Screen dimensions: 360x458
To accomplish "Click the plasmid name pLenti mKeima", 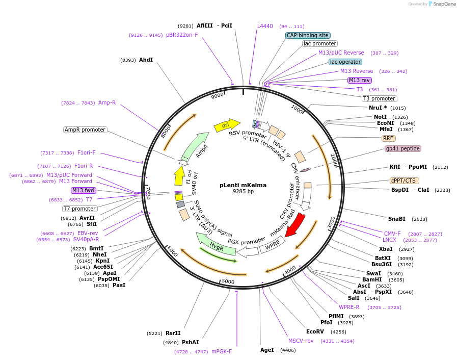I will pyautogui.click(x=243, y=185).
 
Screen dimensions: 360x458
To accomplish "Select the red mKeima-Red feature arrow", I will pyautogui.click(x=295, y=224).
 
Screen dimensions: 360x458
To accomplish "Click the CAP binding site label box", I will pyautogui.click(x=308, y=35).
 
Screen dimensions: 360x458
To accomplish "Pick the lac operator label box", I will pyautogui.click(x=345, y=62).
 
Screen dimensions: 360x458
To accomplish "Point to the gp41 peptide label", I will pyautogui.click(x=403, y=148).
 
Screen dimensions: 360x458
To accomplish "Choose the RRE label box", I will pyautogui.click(x=388, y=138).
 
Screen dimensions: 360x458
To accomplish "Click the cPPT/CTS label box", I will pyautogui.click(x=405, y=181).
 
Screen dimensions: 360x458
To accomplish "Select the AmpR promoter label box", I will pyautogui.click(x=85, y=130).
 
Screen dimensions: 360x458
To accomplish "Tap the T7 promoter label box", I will pyautogui.click(x=80, y=209).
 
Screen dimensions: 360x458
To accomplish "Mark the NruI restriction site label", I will pyautogui.click(x=378, y=108).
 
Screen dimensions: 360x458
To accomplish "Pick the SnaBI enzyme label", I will pyautogui.click(x=397, y=219).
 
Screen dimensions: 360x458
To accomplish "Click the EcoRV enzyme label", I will pyautogui.click(x=315, y=331).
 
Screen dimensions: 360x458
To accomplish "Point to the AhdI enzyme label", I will pyautogui.click(x=146, y=60).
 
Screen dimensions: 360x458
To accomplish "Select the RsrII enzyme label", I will pyautogui.click(x=173, y=333).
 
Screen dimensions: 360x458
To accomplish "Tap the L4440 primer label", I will pyautogui.click(x=265, y=26).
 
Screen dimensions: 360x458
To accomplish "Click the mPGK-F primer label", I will pyautogui.click(x=222, y=351).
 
